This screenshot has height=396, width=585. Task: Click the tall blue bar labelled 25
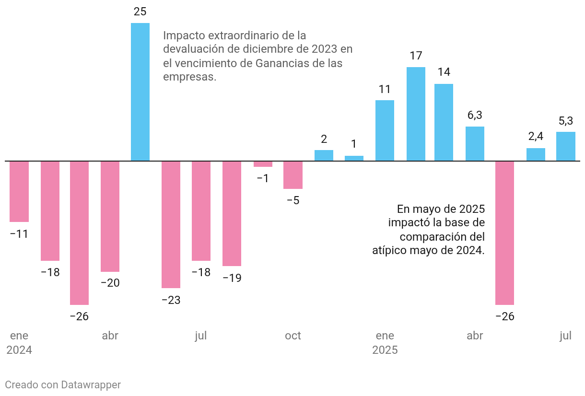[140, 92]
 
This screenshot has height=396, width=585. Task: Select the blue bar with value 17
[416, 114]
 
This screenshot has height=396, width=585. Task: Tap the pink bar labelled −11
[19, 191]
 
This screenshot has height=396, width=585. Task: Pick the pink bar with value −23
[171, 224]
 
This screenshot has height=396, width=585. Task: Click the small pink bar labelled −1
[263, 164]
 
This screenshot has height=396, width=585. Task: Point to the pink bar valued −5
[293, 175]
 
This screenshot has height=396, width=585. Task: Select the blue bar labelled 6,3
[475, 143]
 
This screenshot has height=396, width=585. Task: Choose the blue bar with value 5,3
[566, 146]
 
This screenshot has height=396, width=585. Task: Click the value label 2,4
[536, 137]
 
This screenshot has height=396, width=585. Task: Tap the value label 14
[444, 72]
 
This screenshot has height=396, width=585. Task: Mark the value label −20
[110, 283]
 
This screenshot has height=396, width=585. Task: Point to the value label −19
[232, 278]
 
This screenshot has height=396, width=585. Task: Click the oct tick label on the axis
[293, 336]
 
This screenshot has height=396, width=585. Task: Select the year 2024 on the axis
[19, 350]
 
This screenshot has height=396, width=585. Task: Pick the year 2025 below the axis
[385, 350]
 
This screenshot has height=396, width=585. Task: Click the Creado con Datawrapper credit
[63, 385]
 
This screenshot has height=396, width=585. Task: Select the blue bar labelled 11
[385, 130]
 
